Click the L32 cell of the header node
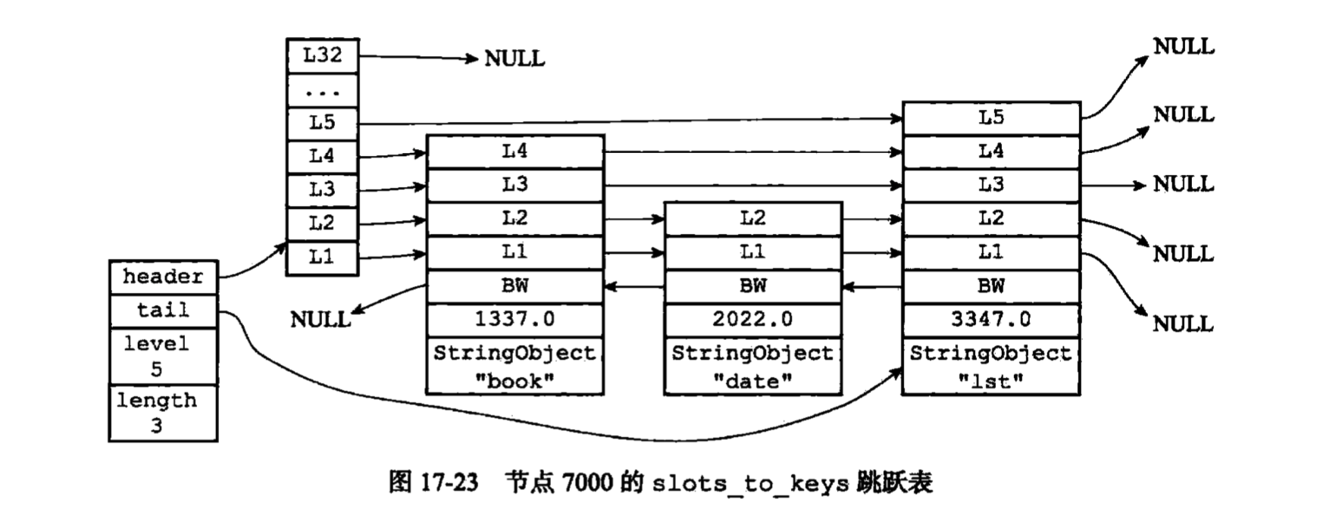(322, 55)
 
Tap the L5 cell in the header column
(322, 122)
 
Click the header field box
(163, 277)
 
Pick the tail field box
(163, 311)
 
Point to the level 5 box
(163, 356)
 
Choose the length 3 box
(163, 413)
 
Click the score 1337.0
(515, 320)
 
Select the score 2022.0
(752, 320)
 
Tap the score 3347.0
(990, 320)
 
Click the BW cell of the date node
(752, 286)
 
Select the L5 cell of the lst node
(990, 118)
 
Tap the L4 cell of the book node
(515, 151)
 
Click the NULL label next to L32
(515, 58)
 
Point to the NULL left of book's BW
(321, 320)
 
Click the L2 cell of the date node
(752, 219)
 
